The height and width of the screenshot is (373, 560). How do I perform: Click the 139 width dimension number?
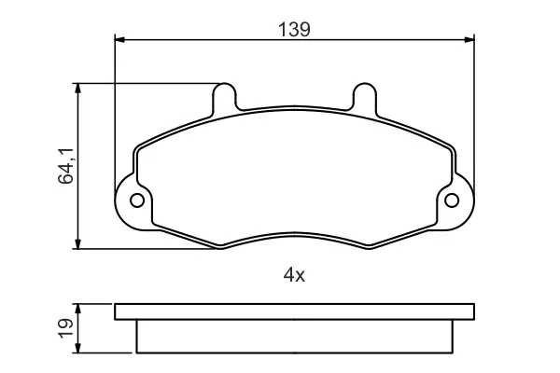pyautogui.click(x=294, y=29)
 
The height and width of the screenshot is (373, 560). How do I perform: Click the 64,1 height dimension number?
pyautogui.click(x=66, y=166)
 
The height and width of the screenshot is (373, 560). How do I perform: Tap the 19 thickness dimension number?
pyautogui.click(x=66, y=328)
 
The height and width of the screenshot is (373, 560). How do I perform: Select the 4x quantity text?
pyautogui.click(x=294, y=275)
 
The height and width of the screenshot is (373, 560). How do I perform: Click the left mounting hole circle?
pyautogui.click(x=137, y=200)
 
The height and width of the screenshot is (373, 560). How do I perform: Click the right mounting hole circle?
pyautogui.click(x=452, y=200)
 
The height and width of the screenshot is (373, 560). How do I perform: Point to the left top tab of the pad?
pyautogui.click(x=224, y=97)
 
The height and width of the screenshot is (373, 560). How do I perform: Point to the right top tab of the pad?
pyautogui.click(x=365, y=97)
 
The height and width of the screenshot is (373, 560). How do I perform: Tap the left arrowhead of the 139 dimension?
pyautogui.click(x=119, y=39)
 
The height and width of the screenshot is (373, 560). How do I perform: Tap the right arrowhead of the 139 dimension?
pyautogui.click(x=469, y=39)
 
